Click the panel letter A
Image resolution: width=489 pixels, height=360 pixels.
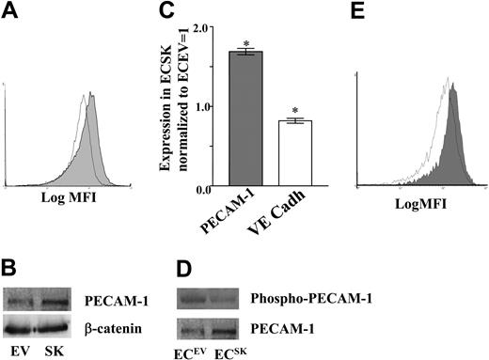[12, 14]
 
